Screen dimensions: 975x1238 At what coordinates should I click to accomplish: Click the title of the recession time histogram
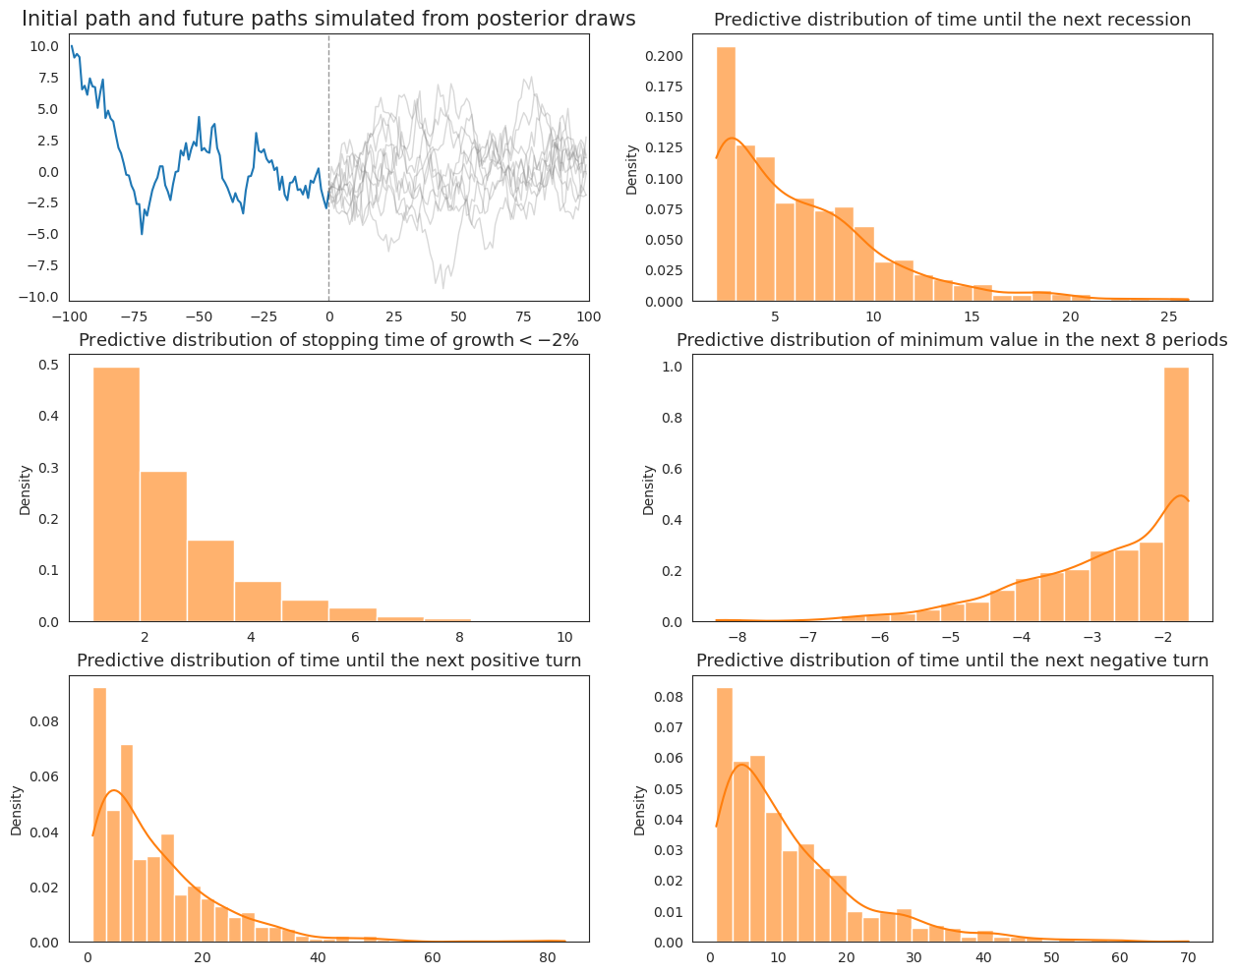point(952,20)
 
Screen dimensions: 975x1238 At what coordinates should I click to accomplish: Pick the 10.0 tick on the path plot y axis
point(44,46)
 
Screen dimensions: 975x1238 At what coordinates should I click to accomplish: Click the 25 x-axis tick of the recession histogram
point(1169,316)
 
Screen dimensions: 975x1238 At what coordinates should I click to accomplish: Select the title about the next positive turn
point(328,660)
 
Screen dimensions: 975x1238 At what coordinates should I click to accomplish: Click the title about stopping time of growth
point(328,340)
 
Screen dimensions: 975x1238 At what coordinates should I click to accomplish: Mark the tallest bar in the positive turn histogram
point(99,816)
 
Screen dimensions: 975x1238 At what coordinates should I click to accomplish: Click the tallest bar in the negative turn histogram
point(724,816)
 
